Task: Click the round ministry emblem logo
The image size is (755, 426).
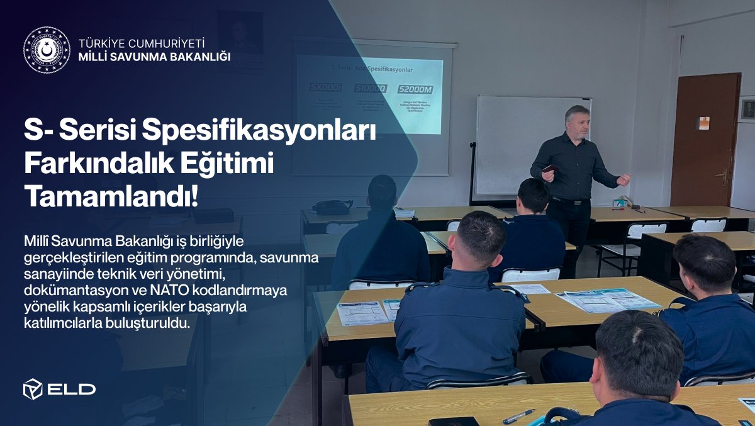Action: [x=47, y=50]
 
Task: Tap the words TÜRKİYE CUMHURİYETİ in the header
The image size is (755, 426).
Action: [x=142, y=43]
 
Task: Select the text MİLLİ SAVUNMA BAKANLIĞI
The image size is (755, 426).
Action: [x=154, y=57]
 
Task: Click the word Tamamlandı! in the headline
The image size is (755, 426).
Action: [x=111, y=197]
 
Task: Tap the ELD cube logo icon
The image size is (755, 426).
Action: [x=33, y=389]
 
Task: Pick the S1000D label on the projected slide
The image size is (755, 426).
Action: [x=370, y=89]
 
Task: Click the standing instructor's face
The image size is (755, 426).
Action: [x=578, y=123]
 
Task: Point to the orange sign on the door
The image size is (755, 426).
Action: [x=703, y=123]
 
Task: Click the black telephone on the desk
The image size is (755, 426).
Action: [x=332, y=207]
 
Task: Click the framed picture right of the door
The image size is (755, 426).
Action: [x=747, y=110]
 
